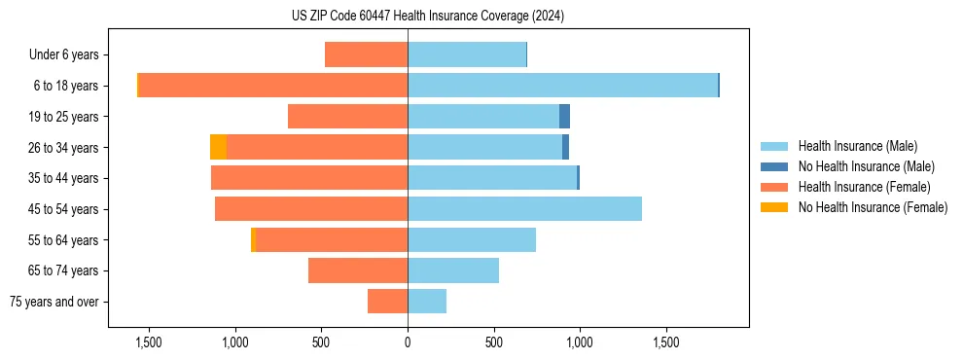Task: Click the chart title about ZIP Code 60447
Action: click(x=428, y=16)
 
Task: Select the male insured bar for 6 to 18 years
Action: click(x=562, y=86)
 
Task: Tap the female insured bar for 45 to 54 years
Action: click(x=311, y=209)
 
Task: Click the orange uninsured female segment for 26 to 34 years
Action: click(x=218, y=147)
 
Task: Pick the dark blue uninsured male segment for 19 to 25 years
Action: click(x=564, y=117)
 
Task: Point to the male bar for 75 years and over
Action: click(x=427, y=302)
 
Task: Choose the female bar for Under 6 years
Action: click(x=366, y=54)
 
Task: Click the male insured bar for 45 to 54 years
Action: click(x=524, y=209)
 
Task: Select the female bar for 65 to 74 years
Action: click(x=358, y=270)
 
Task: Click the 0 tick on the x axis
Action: click(x=408, y=342)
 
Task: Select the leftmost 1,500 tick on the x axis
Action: click(x=149, y=342)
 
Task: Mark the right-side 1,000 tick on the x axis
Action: click(x=580, y=342)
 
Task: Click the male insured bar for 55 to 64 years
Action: click(x=472, y=240)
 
